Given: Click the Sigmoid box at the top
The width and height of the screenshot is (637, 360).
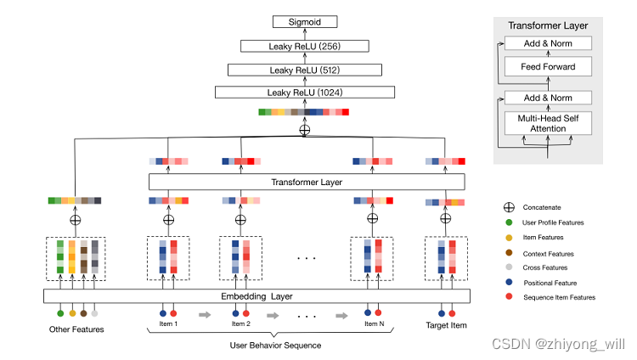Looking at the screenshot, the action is (305, 22).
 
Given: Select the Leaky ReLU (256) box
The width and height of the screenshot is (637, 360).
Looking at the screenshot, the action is (305, 46).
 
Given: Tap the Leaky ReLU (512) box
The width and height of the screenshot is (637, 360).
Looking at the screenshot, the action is (305, 70).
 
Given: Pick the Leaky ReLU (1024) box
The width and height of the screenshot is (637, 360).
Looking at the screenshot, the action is (305, 93).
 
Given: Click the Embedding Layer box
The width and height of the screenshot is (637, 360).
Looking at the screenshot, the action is (256, 296).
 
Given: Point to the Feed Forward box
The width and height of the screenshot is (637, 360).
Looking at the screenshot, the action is (548, 66).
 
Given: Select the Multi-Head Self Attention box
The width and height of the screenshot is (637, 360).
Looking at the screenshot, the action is (548, 123).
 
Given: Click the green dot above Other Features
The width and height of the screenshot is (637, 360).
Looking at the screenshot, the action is (60, 313).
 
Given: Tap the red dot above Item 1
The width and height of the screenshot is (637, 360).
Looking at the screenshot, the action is (173, 313).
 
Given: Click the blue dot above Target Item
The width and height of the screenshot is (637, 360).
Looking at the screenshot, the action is (442, 313).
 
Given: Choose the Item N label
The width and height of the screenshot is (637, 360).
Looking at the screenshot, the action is (375, 323).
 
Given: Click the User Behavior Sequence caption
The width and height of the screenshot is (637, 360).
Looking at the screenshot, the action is (275, 346).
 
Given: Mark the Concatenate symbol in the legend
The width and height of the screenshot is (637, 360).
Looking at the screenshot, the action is (509, 207).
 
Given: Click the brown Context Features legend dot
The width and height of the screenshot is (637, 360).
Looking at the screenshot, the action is (509, 253).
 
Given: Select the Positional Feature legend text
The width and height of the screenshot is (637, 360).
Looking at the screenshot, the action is (550, 283).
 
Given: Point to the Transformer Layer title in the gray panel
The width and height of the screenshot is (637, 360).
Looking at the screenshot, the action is (548, 25).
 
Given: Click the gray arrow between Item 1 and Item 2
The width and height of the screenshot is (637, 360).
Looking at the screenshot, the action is (205, 314).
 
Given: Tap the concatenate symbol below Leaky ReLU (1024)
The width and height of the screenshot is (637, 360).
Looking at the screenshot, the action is (305, 130).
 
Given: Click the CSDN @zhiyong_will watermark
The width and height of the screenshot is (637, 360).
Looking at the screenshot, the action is (559, 344).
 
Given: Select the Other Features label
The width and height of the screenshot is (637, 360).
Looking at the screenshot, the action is (76, 329).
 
